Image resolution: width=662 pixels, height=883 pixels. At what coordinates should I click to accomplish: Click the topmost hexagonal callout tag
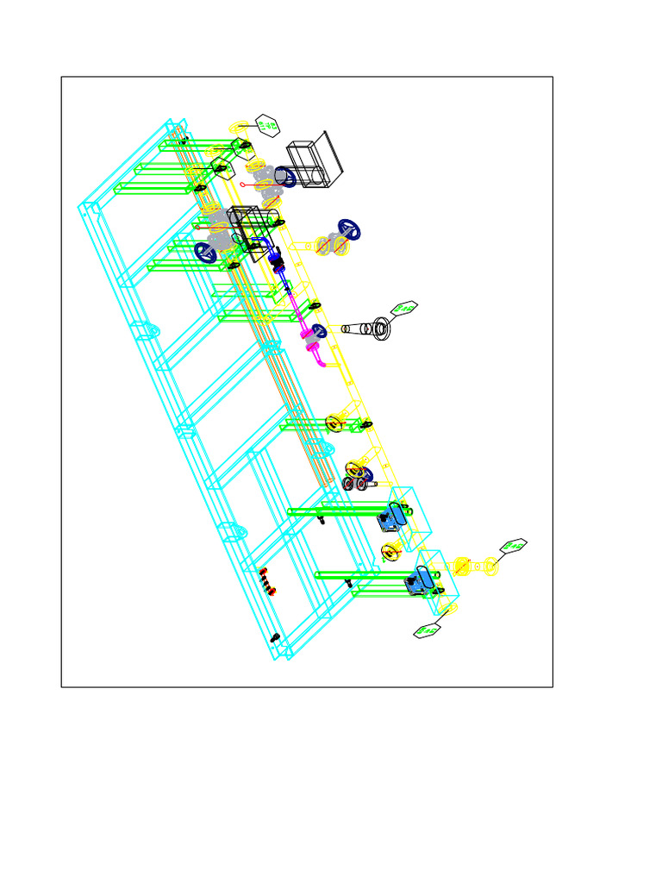click(x=268, y=126)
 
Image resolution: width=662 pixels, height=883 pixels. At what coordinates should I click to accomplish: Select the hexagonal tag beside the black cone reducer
click(x=403, y=309)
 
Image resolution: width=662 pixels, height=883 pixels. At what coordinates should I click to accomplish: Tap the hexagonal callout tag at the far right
click(x=515, y=546)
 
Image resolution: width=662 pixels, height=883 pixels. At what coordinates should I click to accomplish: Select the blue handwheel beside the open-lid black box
click(x=285, y=178)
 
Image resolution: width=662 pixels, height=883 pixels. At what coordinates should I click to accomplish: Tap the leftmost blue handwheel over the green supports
click(x=205, y=252)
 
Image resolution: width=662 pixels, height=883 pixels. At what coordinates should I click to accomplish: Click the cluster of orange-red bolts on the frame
click(x=269, y=583)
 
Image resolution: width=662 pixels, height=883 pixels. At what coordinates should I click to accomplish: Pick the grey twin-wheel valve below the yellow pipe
click(x=354, y=482)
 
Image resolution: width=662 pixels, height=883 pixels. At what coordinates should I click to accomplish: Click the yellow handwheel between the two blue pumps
click(x=389, y=551)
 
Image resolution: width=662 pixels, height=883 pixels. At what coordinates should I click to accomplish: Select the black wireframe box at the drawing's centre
click(x=248, y=228)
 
